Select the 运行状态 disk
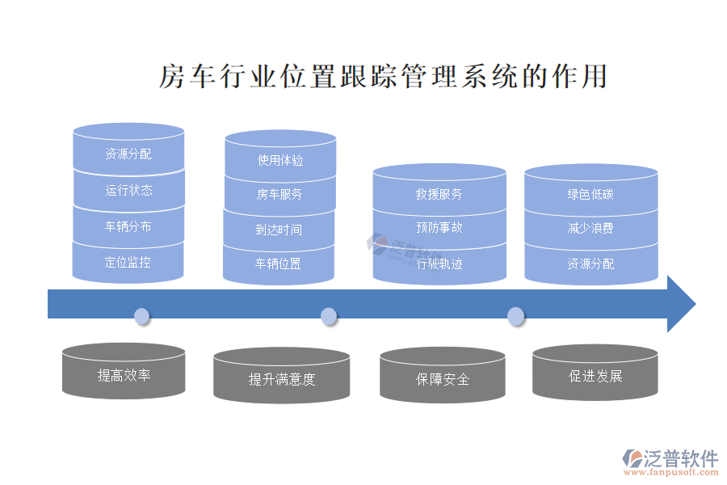point(128,191)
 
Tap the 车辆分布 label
point(128,227)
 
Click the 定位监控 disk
point(128,263)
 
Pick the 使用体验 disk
point(279,161)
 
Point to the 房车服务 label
point(279,194)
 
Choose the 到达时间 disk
point(279,230)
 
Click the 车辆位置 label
point(279,264)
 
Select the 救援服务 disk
point(439,195)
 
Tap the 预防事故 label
point(439,228)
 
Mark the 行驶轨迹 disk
point(439,264)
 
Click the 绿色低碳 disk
point(590,195)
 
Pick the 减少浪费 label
point(590,229)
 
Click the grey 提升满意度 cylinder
point(281,379)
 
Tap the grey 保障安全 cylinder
point(443,379)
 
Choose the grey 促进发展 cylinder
point(595,376)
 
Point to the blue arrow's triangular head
point(680,304)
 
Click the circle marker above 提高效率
point(142,316)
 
